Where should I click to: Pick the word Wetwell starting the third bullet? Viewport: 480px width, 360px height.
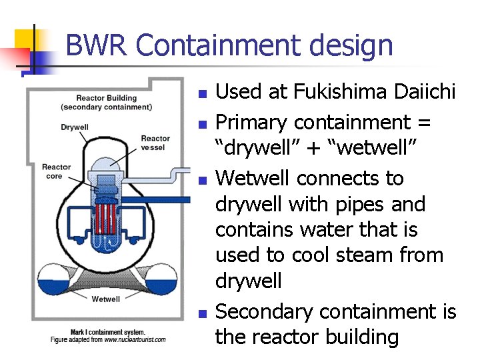coord(253,179)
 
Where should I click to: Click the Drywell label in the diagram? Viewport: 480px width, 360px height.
coord(75,127)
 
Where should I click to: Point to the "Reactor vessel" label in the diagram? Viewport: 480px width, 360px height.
coord(155,143)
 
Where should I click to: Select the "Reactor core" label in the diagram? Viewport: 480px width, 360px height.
coord(56,171)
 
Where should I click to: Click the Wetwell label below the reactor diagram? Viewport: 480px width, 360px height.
coord(106,299)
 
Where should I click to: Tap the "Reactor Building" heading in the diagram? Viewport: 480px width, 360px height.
coord(107,98)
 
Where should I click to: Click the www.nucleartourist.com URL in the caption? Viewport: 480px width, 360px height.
coord(135,340)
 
